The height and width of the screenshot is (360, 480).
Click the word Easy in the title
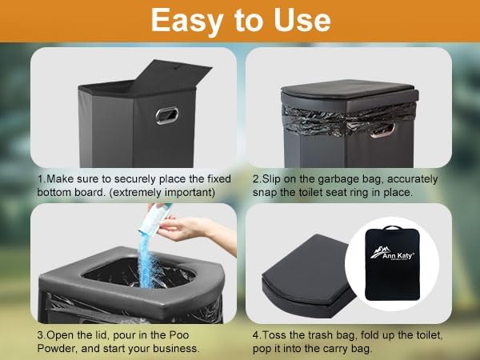187,20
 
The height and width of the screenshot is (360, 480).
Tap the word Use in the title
302,20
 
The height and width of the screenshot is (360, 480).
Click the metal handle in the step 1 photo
167,115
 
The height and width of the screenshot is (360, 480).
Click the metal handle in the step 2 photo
382,131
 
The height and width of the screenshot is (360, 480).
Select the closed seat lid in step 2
350,89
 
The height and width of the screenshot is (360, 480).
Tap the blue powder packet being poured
154,218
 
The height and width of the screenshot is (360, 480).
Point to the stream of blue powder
147,261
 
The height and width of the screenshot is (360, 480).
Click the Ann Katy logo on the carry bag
392,253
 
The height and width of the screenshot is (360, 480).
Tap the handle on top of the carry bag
391,227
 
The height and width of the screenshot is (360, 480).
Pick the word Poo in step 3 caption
179,335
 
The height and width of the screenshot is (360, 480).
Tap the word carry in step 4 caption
332,349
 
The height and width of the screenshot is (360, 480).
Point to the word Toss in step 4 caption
273,335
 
